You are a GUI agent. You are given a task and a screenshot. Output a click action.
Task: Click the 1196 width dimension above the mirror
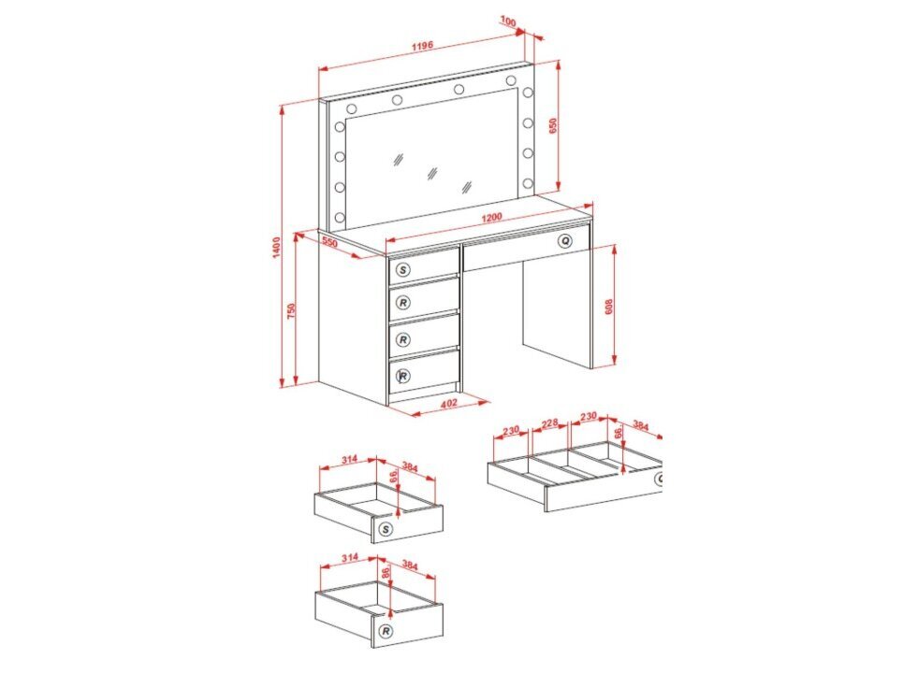422,46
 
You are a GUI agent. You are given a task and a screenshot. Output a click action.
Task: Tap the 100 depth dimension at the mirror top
508,22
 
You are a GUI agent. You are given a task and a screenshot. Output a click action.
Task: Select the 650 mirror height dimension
553,126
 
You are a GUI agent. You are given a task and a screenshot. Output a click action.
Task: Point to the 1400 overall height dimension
277,246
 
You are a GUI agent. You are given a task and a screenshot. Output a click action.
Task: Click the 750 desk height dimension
291,310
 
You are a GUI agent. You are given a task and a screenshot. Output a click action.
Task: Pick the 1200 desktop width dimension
491,217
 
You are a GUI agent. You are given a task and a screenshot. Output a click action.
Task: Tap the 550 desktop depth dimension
329,241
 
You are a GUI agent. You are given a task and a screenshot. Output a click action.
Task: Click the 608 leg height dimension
608,307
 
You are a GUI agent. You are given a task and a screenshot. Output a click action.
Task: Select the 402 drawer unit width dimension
448,403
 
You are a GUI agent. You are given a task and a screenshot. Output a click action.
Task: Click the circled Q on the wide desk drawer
565,241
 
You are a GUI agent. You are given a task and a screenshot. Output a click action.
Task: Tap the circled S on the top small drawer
403,269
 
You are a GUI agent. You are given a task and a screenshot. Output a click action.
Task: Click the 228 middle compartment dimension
550,423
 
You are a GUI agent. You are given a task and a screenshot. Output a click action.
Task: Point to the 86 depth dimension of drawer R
385,571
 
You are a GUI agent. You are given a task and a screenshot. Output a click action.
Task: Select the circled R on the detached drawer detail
386,631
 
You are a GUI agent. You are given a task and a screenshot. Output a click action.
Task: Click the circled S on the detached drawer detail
385,529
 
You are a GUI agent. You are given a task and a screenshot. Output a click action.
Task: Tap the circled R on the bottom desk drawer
403,376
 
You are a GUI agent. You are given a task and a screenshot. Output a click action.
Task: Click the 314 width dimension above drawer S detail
349,459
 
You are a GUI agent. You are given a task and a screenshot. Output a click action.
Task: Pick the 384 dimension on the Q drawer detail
641,426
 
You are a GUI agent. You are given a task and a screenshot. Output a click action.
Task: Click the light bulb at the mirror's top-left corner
352,108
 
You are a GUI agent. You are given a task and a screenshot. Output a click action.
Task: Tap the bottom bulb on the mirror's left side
339,218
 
